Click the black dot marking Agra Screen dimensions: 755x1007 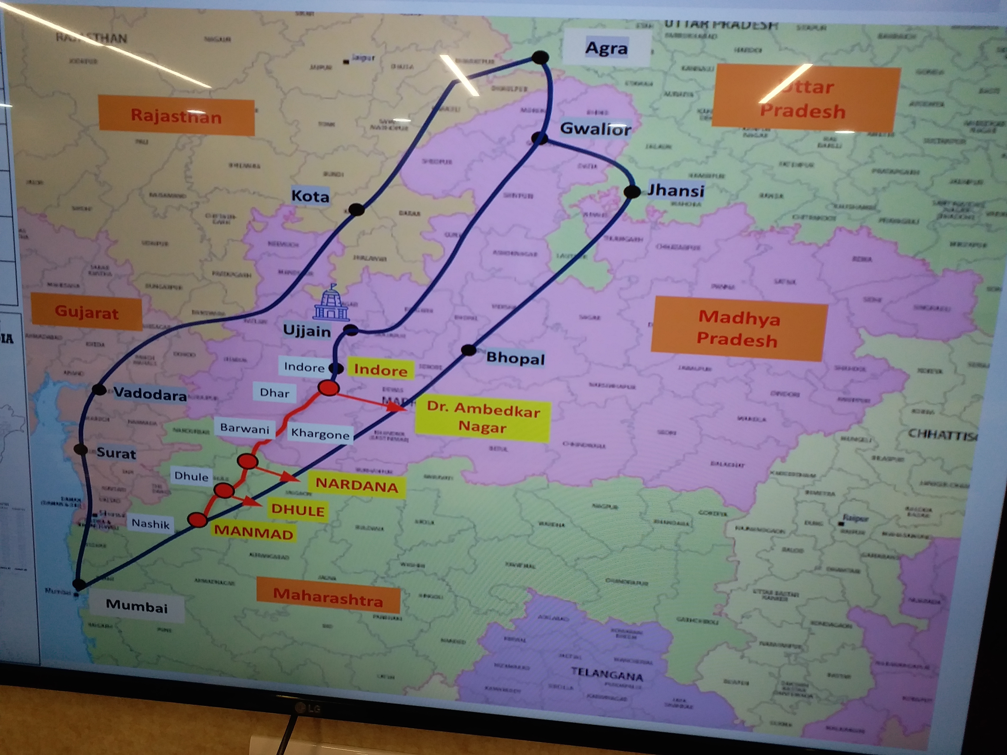(x=540, y=58)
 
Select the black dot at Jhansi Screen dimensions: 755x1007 (x=632, y=192)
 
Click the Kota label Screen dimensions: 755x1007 (x=310, y=196)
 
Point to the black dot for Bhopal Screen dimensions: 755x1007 (x=469, y=350)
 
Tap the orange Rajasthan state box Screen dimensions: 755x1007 (x=176, y=116)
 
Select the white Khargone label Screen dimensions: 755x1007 (x=320, y=434)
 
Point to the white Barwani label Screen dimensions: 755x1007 (x=245, y=428)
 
